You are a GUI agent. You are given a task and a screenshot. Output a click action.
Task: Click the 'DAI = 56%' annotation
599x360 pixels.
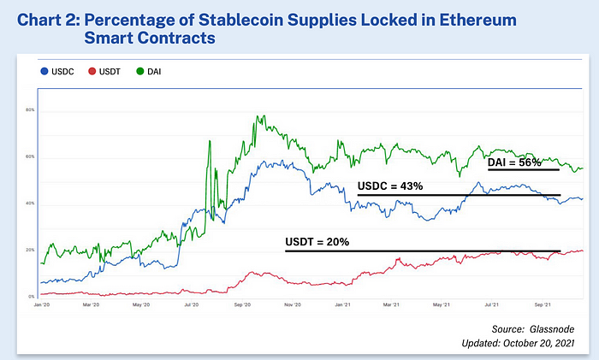pyautogui.click(x=514, y=162)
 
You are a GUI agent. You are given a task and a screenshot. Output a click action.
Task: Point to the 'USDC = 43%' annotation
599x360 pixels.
pyautogui.click(x=390, y=186)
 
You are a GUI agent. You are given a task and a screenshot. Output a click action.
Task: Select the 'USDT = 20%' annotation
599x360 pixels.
pyautogui.click(x=317, y=242)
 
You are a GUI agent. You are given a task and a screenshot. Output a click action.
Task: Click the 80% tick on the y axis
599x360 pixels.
pyautogui.click(x=29, y=110)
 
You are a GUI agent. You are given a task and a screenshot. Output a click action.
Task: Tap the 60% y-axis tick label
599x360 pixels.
pyautogui.click(x=29, y=157)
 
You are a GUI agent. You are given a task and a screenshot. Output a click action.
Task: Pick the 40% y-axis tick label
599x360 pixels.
pyautogui.click(x=29, y=204)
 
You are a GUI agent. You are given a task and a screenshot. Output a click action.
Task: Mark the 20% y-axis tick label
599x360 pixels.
pyautogui.click(x=29, y=250)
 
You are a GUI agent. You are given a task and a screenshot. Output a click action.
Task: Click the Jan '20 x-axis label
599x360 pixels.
pyautogui.click(x=41, y=304)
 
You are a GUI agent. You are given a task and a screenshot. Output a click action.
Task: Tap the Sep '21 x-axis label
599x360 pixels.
pyautogui.click(x=543, y=304)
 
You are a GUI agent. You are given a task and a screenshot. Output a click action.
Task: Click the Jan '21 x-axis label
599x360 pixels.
pyautogui.click(x=342, y=304)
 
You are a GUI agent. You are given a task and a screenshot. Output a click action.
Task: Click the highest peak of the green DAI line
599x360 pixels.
pyautogui.click(x=256, y=116)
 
